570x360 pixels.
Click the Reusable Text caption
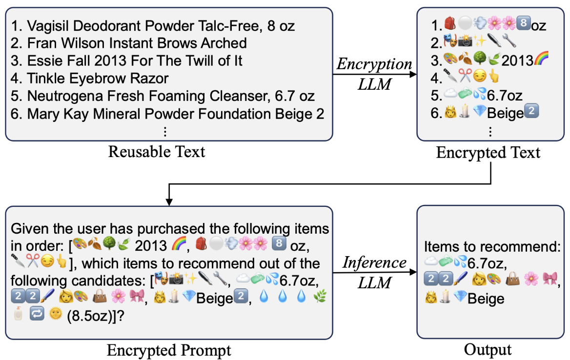click(157, 152)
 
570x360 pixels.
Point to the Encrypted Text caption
click(488, 153)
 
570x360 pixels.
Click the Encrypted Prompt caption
click(169, 351)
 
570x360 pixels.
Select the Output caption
click(488, 349)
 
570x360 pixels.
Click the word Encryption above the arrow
click(374, 64)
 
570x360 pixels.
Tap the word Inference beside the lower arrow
click(374, 262)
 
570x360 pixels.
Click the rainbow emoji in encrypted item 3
click(541, 59)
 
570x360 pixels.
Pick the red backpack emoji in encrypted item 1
click(449, 23)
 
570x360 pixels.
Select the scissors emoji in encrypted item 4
click(465, 76)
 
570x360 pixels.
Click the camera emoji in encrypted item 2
click(465, 41)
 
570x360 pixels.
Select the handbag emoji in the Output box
click(512, 279)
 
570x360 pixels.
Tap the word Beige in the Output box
click(486, 299)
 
